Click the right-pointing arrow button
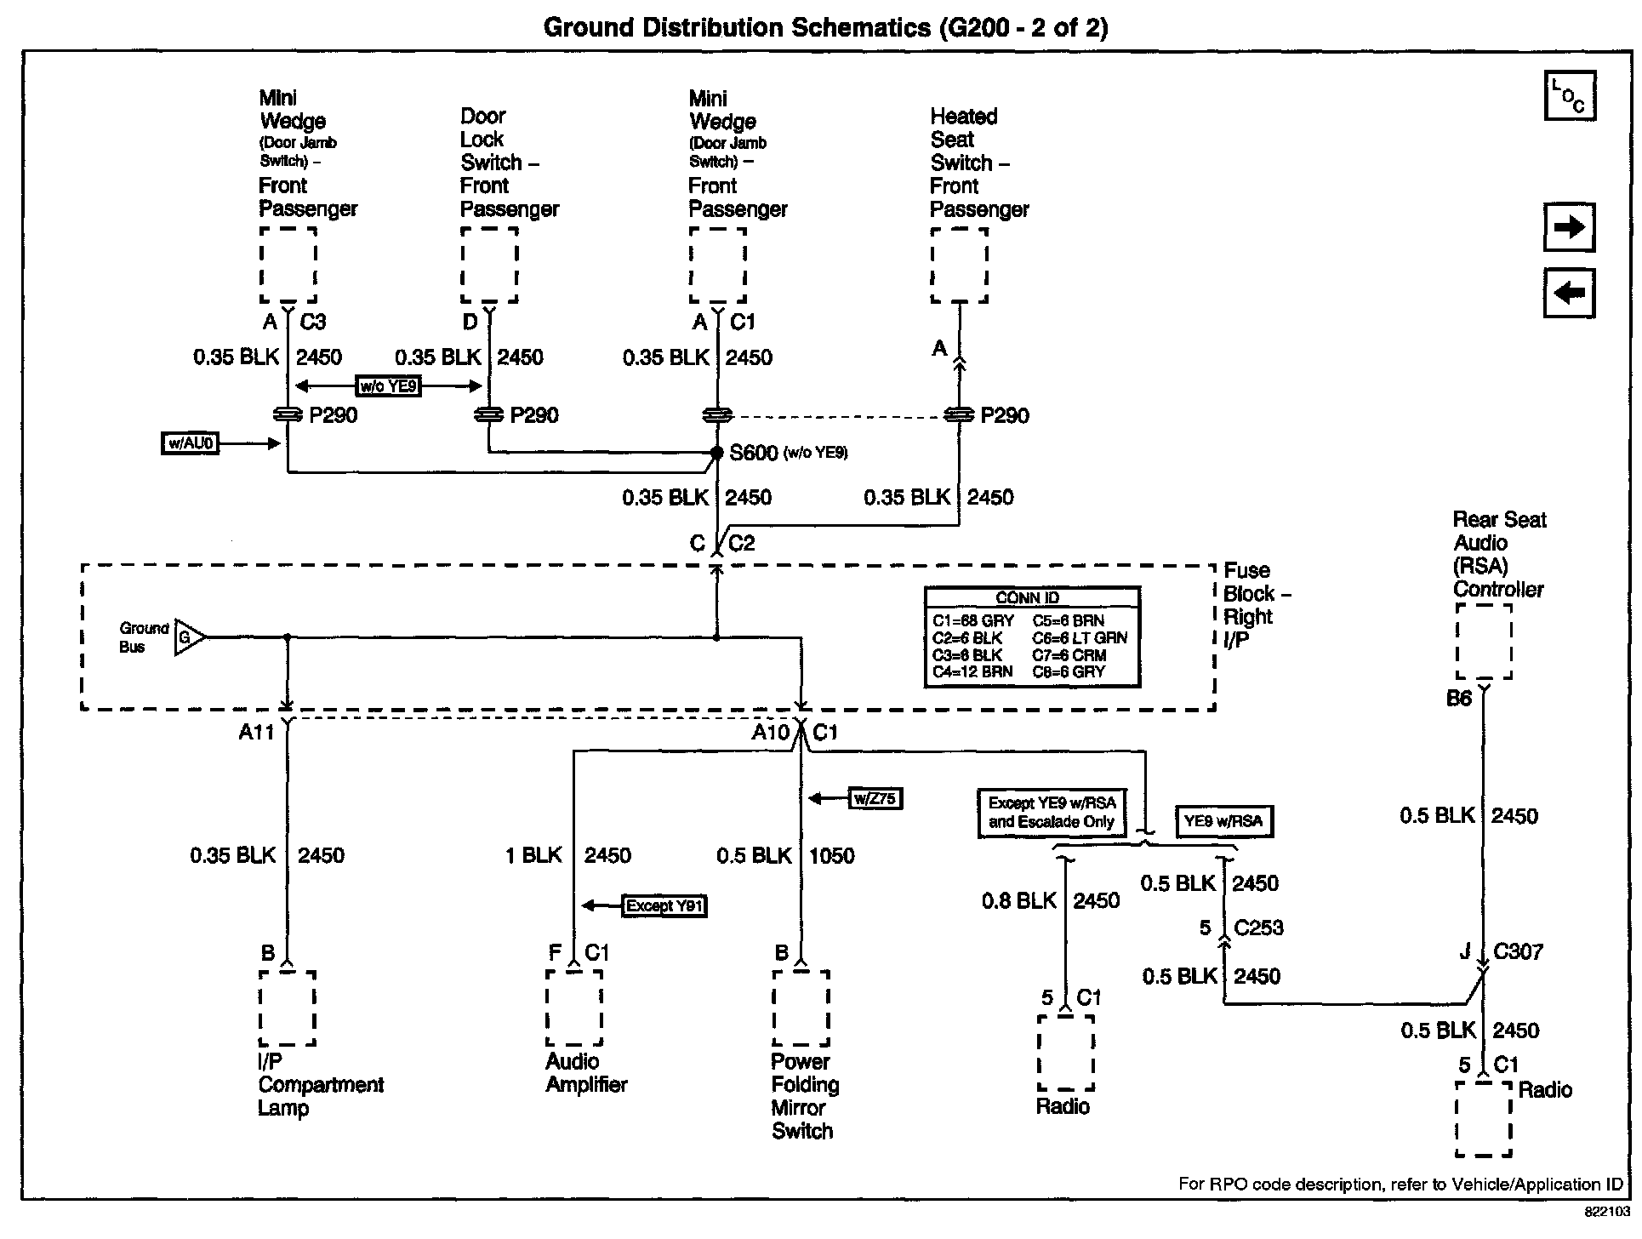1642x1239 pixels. [1569, 227]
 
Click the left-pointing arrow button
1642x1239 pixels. [1569, 294]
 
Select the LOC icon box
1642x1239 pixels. [1569, 95]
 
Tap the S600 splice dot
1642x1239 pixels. [717, 453]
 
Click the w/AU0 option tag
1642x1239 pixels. [190, 443]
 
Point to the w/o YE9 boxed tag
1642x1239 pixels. [389, 386]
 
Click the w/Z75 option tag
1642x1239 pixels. [875, 798]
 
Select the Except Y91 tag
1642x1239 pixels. [665, 905]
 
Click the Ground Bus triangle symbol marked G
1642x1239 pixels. [188, 637]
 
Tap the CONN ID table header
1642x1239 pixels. [1031, 597]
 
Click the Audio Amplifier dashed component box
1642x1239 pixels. [574, 1008]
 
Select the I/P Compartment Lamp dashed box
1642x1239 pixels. [288, 1008]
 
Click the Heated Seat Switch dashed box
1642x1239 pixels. [960, 265]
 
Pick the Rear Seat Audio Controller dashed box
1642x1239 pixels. [1484, 641]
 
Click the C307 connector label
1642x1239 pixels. [1518, 951]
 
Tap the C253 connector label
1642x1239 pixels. [1258, 928]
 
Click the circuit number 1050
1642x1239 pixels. [831, 855]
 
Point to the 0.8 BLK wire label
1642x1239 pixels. [1018, 900]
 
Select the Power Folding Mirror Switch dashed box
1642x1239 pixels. [801, 1008]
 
